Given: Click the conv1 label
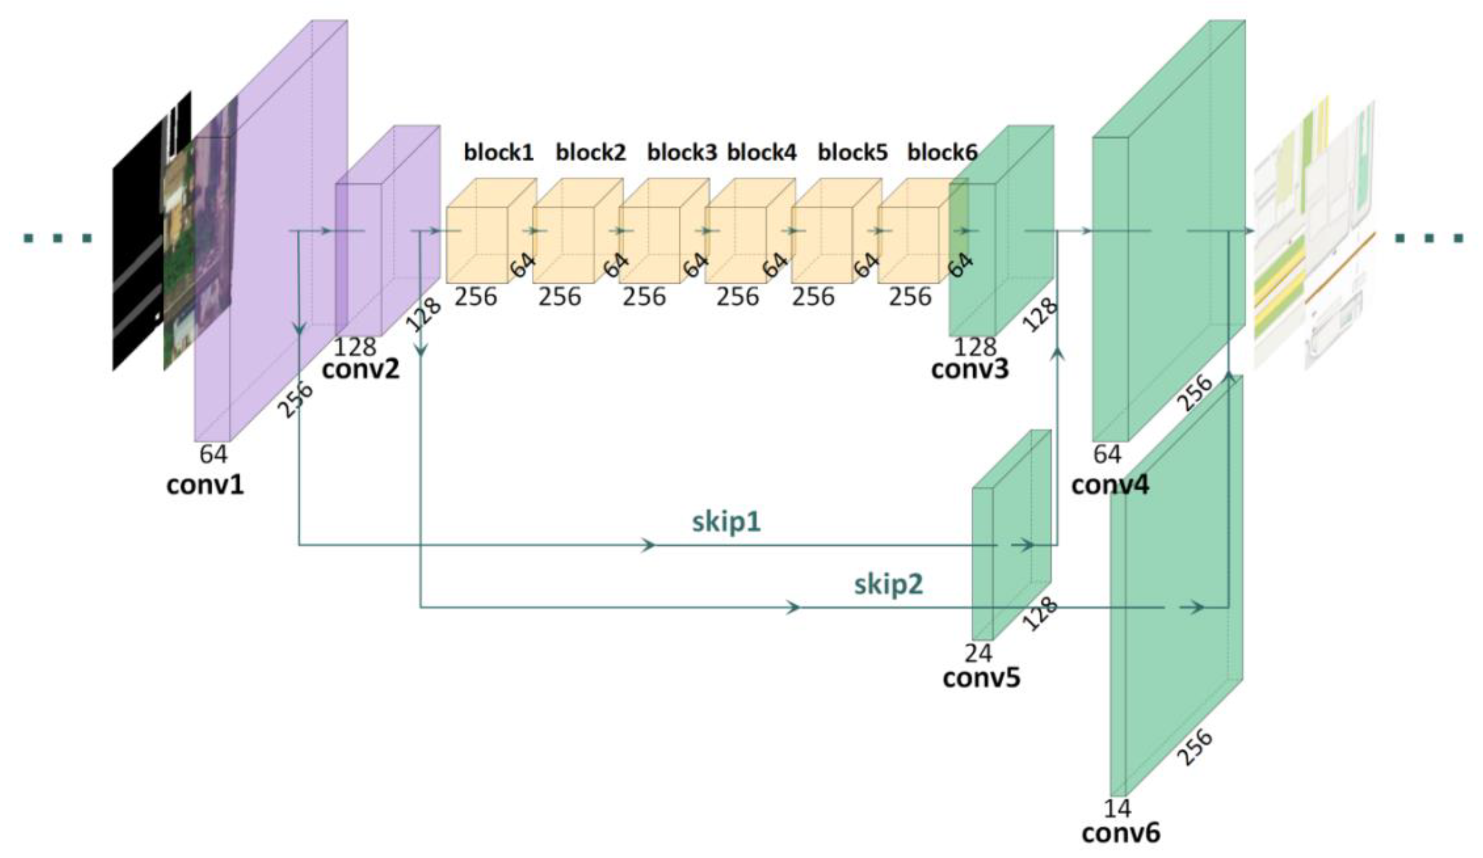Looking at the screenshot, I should pyautogui.click(x=205, y=486).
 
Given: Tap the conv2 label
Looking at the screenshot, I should pyautogui.click(x=360, y=369).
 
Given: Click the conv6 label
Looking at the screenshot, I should pyautogui.click(x=1121, y=833).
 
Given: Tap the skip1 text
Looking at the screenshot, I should pyautogui.click(x=726, y=522).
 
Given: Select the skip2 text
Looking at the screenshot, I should pyautogui.click(x=889, y=584).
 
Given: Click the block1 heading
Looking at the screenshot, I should pyautogui.click(x=499, y=152).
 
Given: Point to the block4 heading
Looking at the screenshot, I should pyautogui.click(x=762, y=152).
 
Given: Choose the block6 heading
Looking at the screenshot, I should pyautogui.click(x=942, y=152).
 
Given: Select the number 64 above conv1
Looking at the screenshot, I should pyautogui.click(x=213, y=454).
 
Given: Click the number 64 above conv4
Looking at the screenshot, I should pyautogui.click(x=1107, y=454).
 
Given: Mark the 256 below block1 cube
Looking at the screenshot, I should pyautogui.click(x=475, y=296).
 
